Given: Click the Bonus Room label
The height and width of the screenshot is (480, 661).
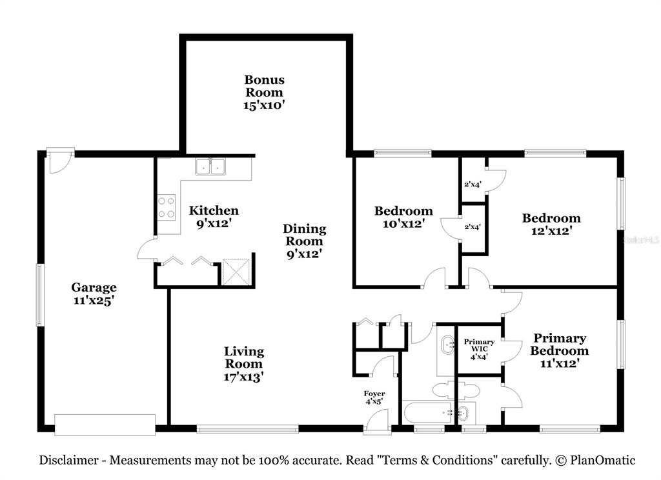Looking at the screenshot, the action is tap(264, 92).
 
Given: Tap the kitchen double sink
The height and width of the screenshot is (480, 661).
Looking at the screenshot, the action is tap(210, 166).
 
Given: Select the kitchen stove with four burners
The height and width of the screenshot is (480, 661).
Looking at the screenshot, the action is tap(167, 207).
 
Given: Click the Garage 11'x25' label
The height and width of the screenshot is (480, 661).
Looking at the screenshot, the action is tap(94, 294).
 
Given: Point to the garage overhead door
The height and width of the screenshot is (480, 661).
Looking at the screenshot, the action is tap(105, 425).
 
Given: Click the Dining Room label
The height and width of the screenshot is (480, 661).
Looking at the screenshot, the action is tap(305, 241).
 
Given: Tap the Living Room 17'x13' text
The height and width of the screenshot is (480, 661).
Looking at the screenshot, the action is tap(243, 364).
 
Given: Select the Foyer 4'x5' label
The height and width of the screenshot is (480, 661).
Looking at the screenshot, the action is tap(374, 397).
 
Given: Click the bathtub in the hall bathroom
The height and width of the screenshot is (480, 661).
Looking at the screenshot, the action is tap(427, 412).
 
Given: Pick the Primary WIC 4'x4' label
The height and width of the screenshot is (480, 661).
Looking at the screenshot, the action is tap(480, 349).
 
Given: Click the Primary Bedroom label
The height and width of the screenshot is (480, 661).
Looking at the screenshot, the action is tap(560, 350).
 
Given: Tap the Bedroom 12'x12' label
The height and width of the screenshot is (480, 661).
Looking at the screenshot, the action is tap(551, 225).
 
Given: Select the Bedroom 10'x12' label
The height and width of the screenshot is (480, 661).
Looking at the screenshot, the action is tap(403, 217).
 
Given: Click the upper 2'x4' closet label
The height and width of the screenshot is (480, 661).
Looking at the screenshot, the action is tap(473, 184).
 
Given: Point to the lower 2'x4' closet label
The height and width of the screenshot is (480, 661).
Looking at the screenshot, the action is tap(473, 226).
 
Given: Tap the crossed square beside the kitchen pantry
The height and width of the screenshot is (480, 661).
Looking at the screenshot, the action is tap(236, 272).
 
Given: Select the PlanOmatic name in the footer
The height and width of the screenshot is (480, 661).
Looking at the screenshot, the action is tap(603, 460).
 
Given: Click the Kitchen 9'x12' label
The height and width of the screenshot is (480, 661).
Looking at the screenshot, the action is tap(214, 217).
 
